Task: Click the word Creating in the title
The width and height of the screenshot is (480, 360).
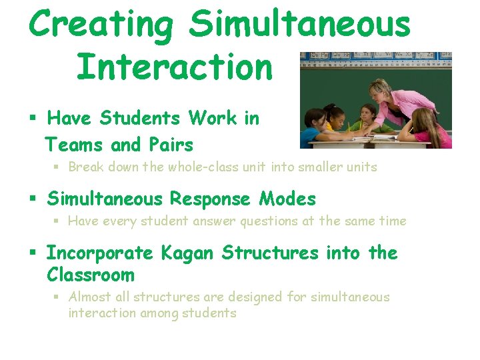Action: click(101, 25)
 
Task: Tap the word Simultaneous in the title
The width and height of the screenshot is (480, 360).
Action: click(299, 25)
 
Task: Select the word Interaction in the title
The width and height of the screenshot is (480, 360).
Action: click(175, 67)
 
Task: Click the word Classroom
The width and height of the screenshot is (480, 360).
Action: click(91, 275)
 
